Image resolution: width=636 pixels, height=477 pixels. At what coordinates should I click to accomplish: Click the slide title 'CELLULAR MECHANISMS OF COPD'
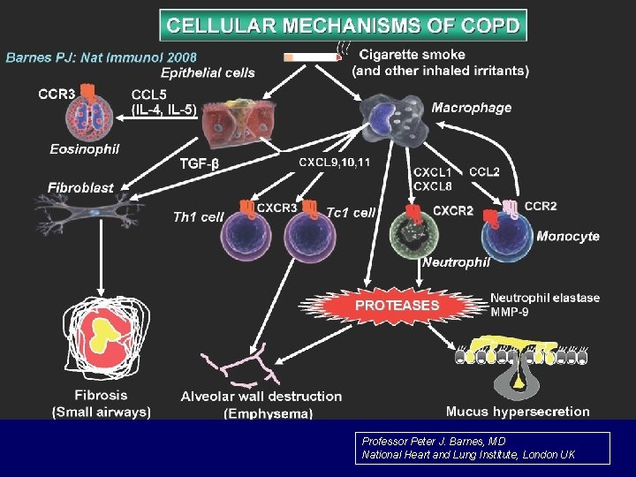(x=343, y=25)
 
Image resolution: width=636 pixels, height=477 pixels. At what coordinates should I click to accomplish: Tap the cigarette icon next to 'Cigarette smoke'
(x=312, y=57)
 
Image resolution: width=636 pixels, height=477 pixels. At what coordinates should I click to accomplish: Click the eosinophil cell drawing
(x=89, y=117)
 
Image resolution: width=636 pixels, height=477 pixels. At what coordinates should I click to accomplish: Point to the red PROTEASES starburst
(x=397, y=305)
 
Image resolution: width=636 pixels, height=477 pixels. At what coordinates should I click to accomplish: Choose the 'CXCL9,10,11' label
(x=334, y=163)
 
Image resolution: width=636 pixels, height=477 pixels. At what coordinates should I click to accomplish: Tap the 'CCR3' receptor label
(x=56, y=91)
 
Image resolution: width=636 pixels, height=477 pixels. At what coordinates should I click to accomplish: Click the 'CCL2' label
(x=484, y=171)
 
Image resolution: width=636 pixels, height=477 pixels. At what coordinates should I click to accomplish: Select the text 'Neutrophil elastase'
(x=544, y=298)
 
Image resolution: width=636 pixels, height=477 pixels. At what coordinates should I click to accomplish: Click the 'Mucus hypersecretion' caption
(x=518, y=411)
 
